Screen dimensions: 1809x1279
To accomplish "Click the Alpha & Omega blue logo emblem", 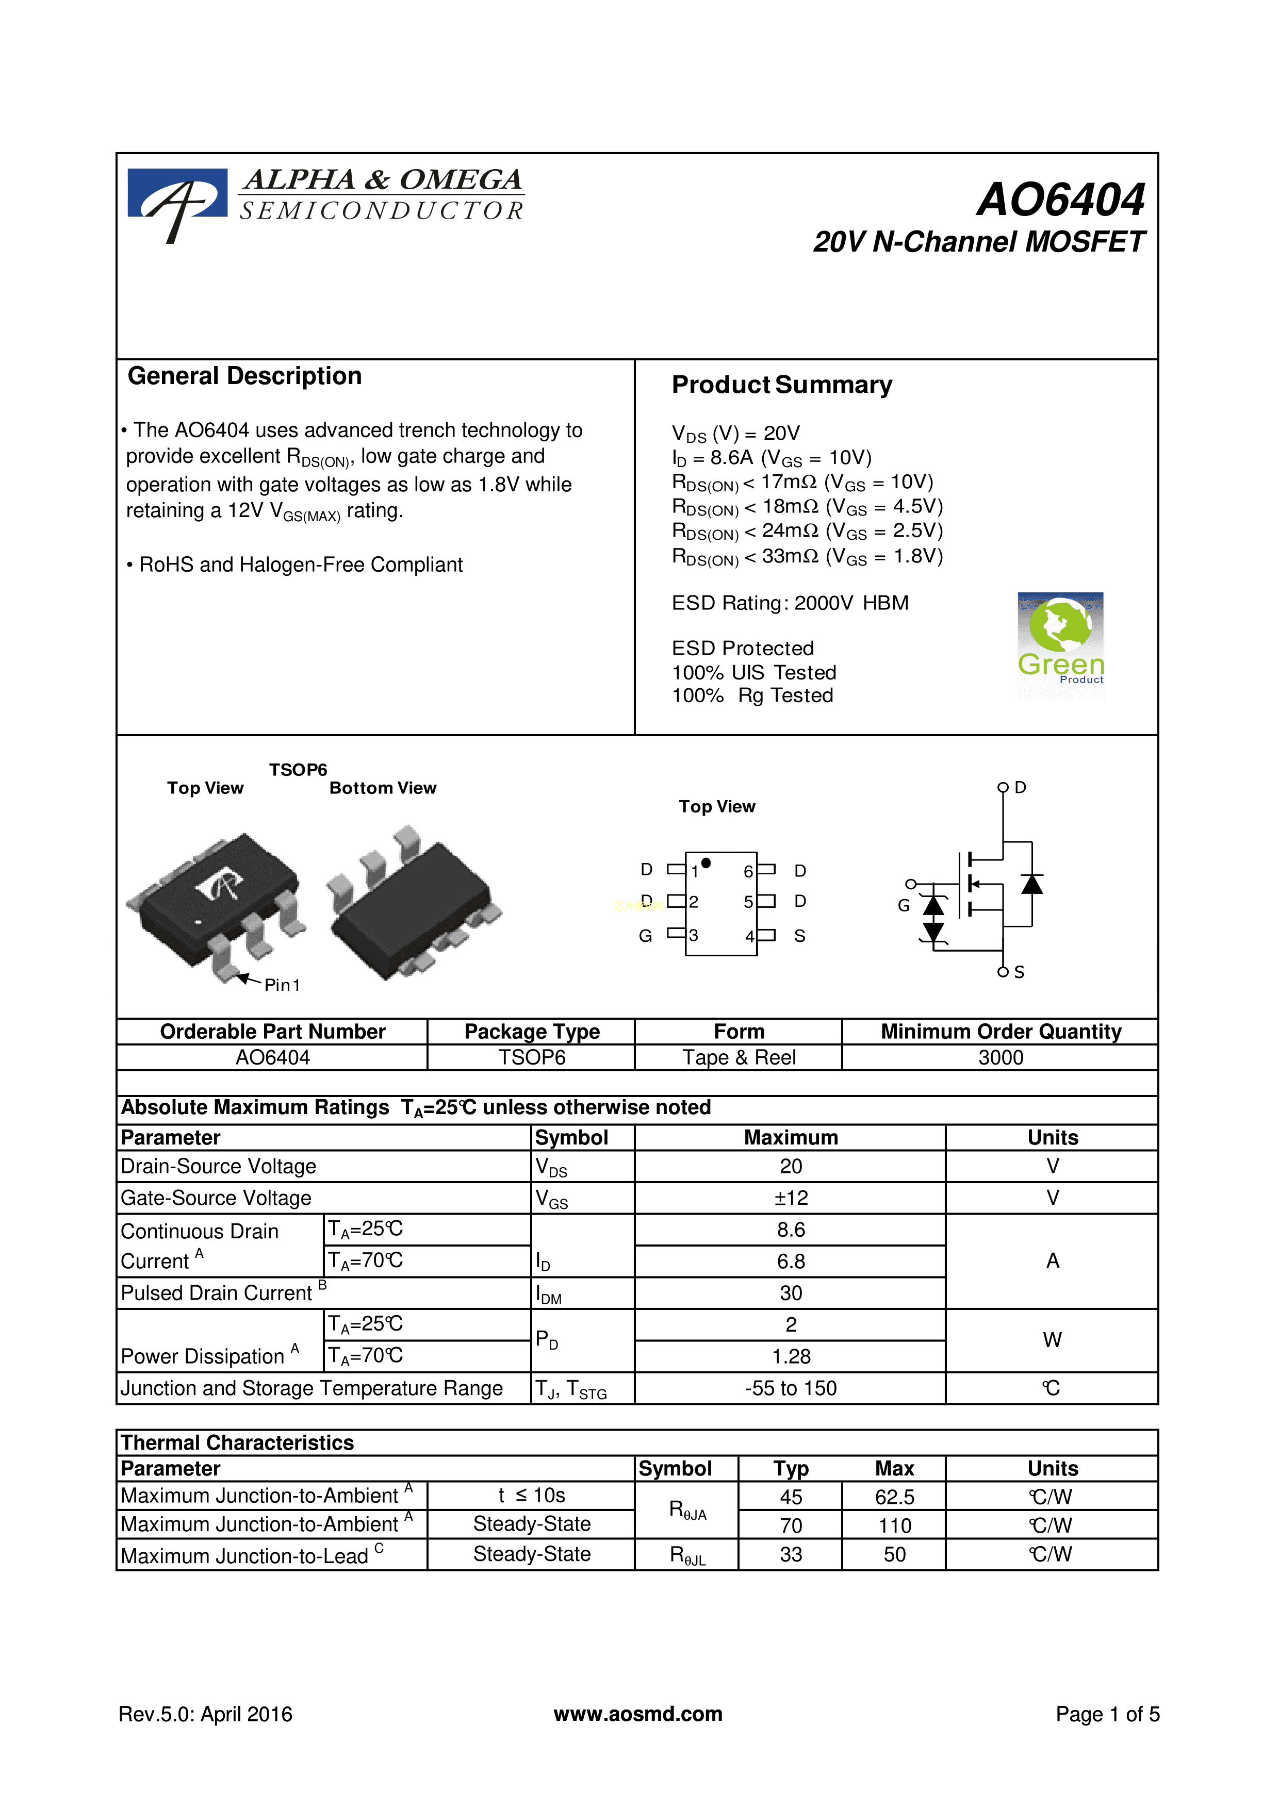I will [177, 201].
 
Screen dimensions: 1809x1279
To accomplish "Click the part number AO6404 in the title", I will [1061, 200].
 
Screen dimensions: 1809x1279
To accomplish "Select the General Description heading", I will [244, 376].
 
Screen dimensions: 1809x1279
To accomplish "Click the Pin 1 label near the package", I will [282, 985].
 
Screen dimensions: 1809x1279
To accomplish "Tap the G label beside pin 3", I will [645, 936].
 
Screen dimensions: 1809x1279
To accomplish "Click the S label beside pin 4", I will [799, 936].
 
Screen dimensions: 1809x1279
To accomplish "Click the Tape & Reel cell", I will [739, 1057].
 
